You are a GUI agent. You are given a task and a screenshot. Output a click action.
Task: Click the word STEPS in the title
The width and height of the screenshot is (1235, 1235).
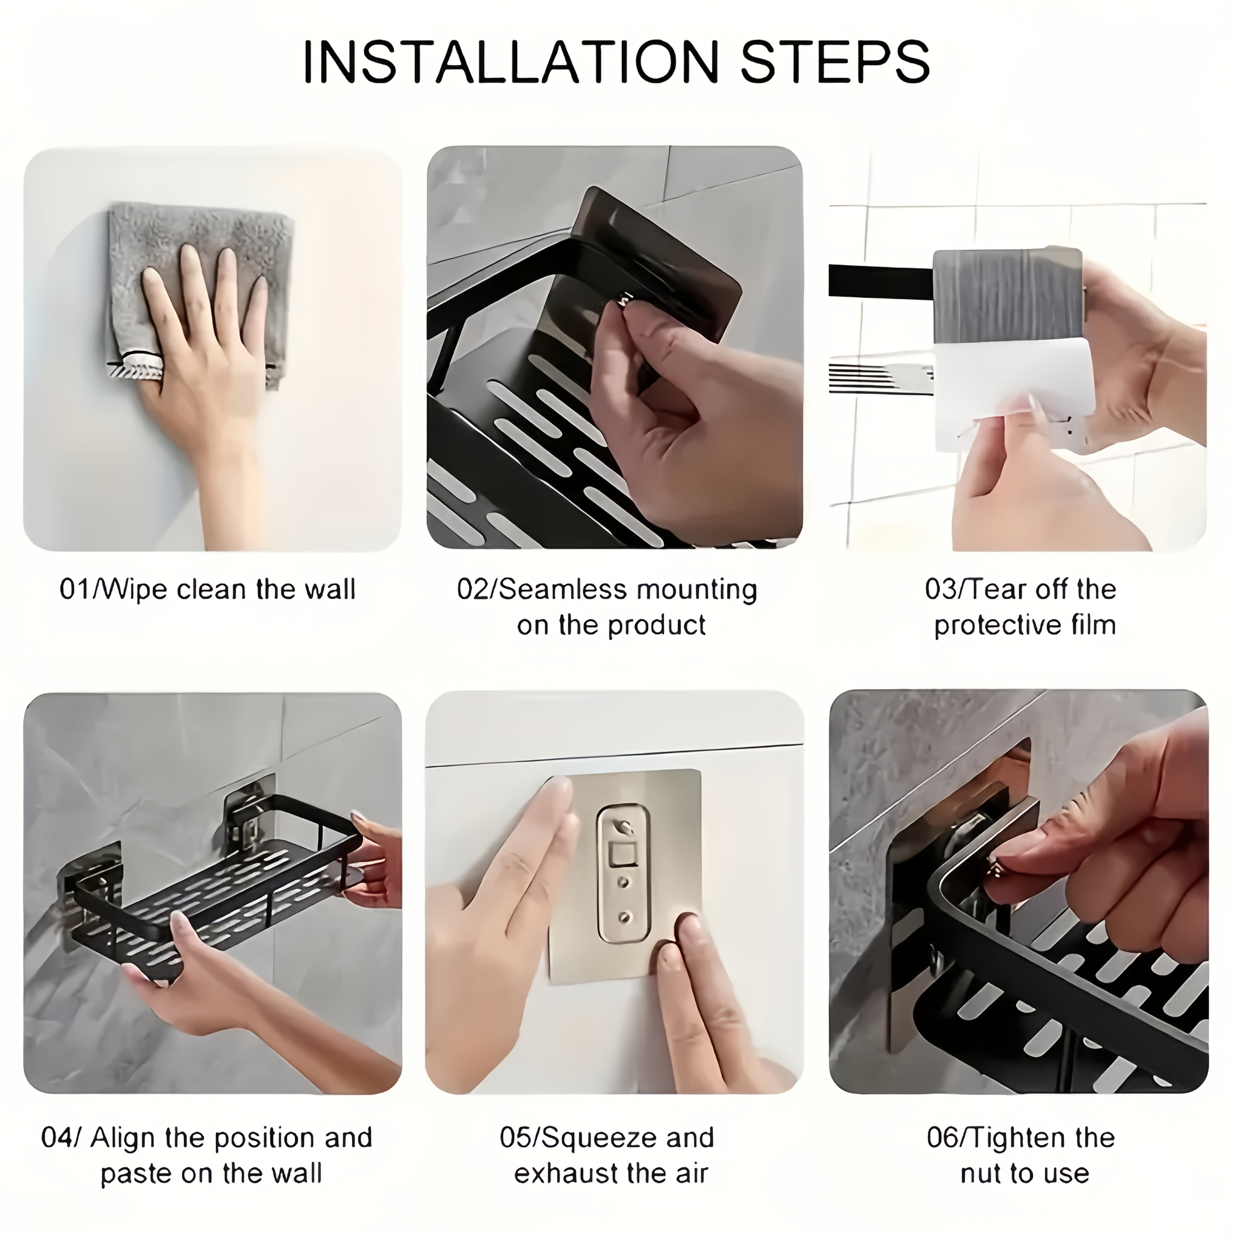(x=834, y=62)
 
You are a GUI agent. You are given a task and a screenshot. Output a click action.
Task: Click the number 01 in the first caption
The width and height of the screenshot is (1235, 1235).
(x=75, y=589)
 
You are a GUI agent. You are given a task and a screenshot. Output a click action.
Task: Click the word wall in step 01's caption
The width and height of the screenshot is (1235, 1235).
(x=330, y=589)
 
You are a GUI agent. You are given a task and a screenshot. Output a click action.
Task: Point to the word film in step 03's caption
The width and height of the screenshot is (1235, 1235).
(x=1094, y=625)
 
